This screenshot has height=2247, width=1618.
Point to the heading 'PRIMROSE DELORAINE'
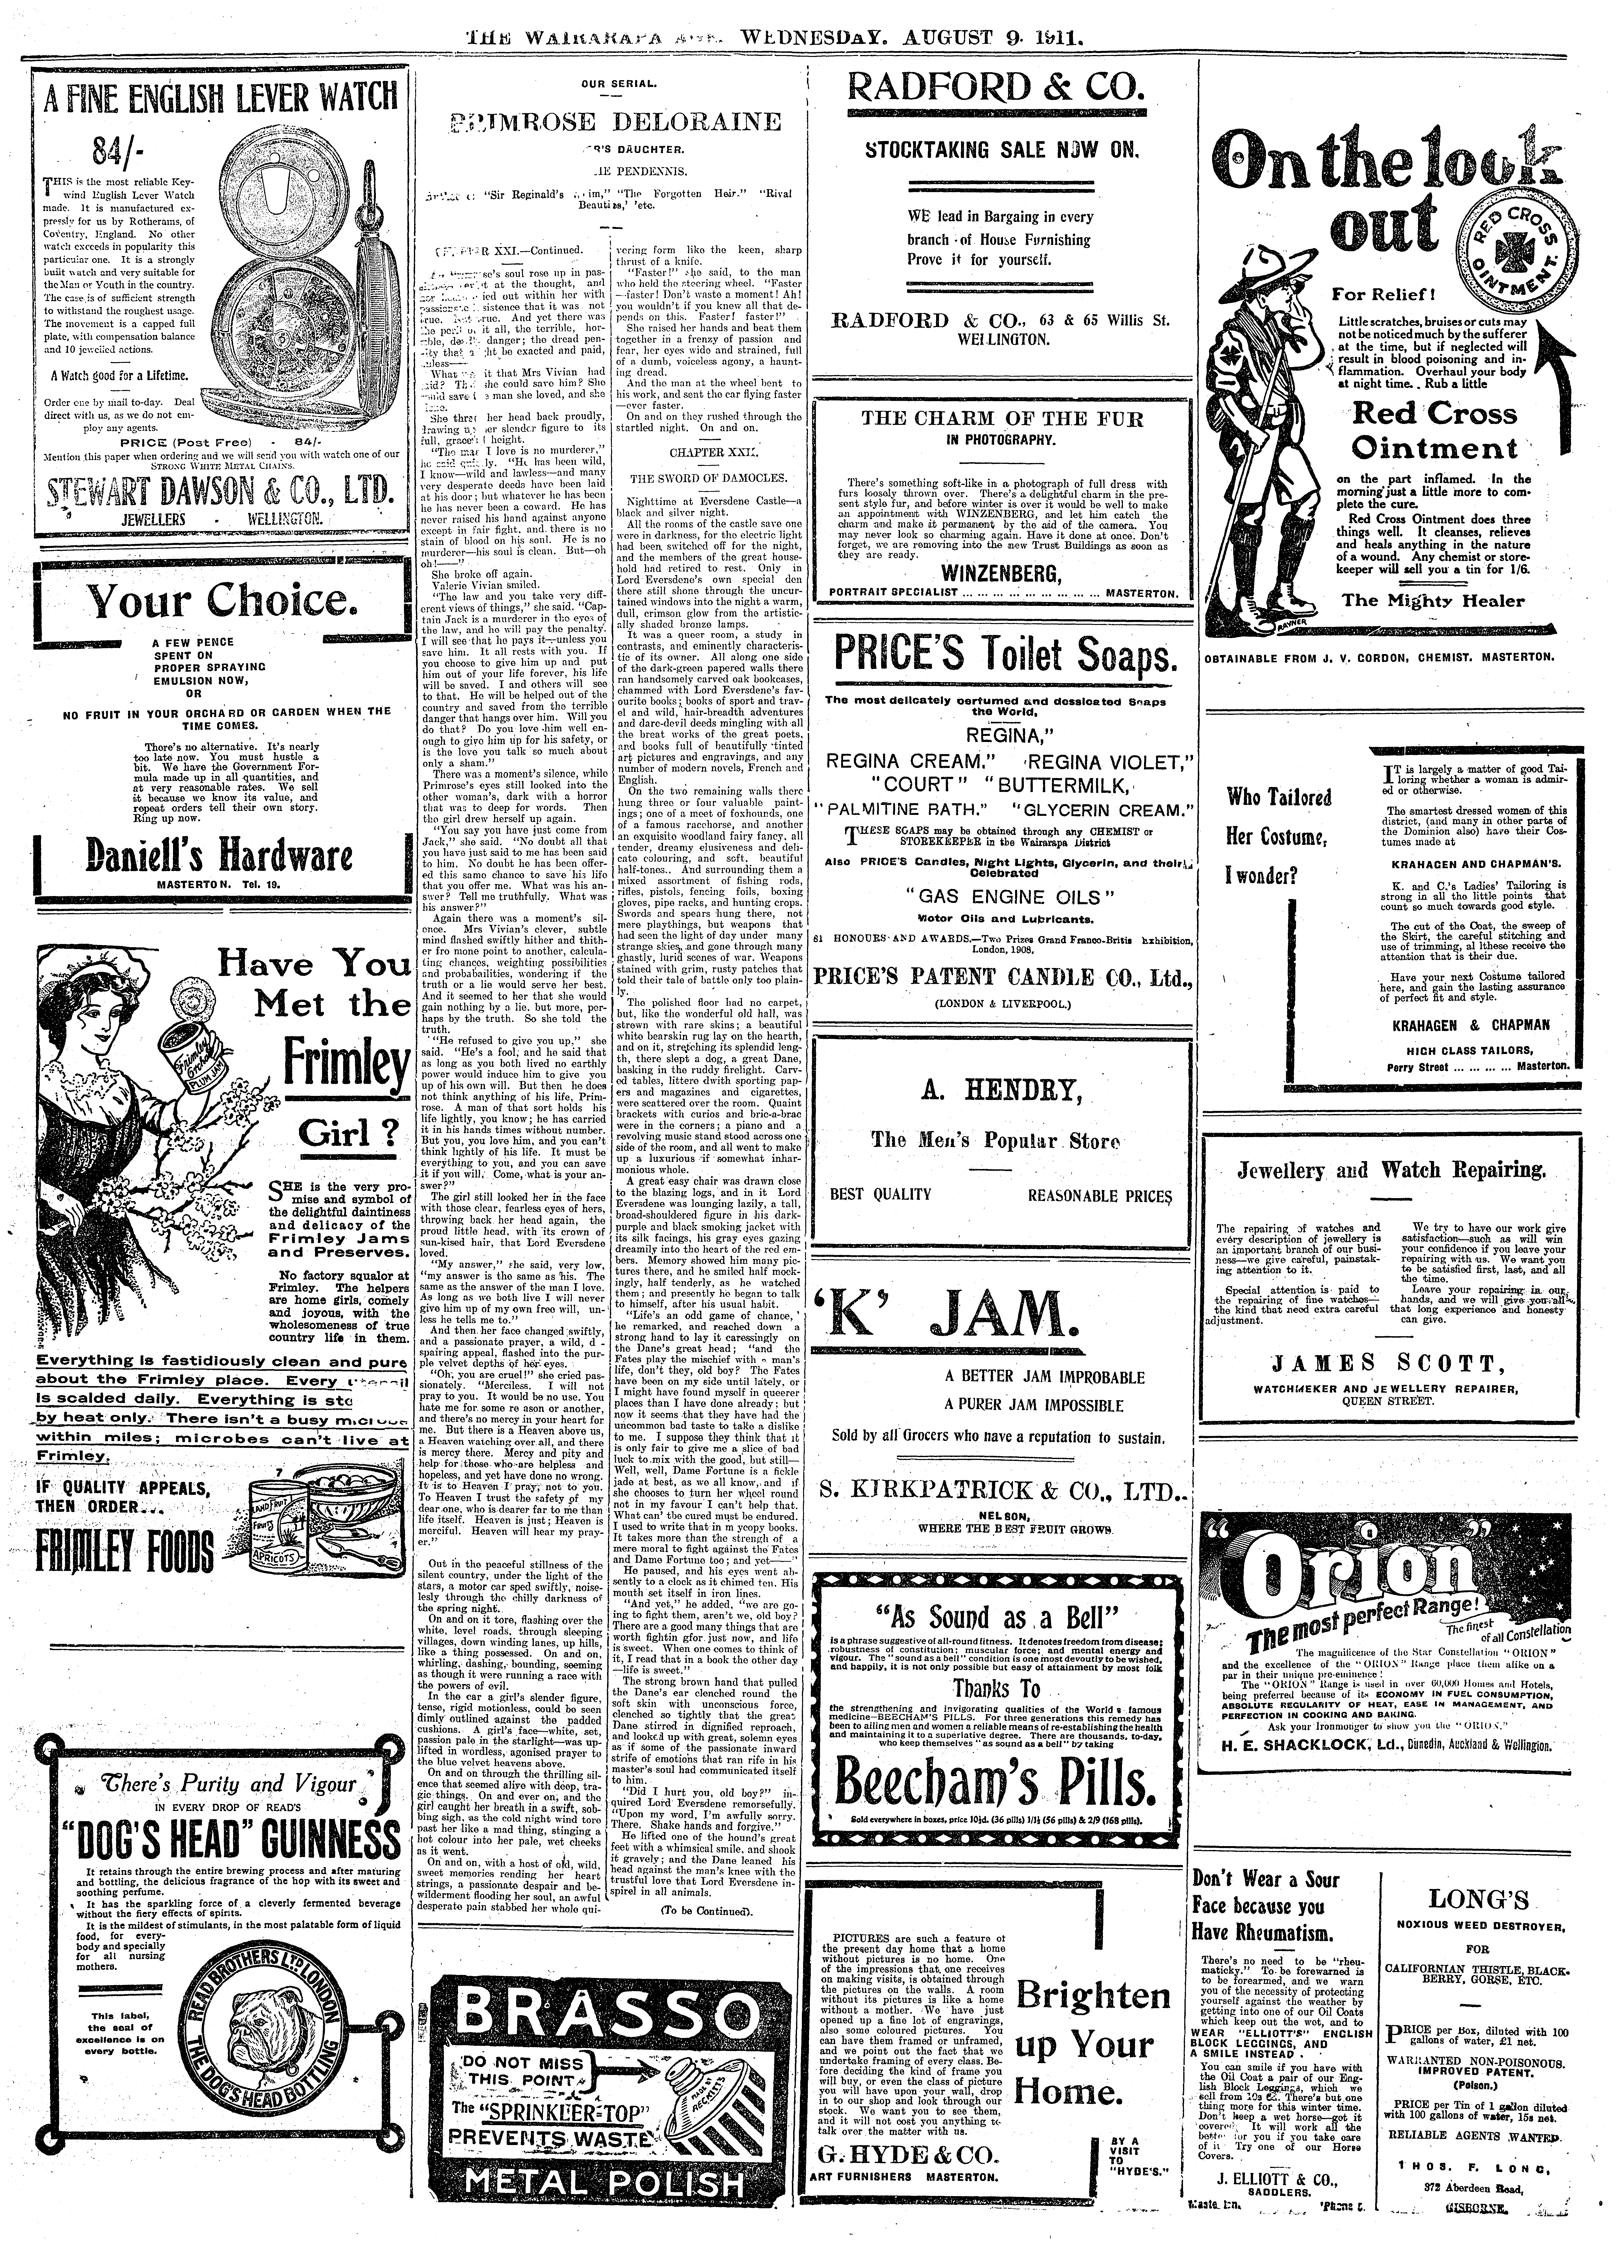tap(614, 122)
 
